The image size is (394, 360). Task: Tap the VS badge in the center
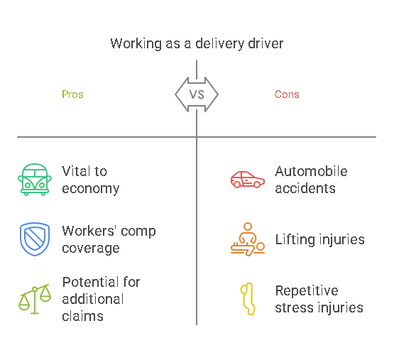[197, 94]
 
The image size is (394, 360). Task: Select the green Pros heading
[72, 94]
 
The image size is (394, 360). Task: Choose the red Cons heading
[287, 94]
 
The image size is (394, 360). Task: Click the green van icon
[34, 180]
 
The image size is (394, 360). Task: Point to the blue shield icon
[34, 239]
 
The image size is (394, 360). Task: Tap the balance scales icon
[34, 298]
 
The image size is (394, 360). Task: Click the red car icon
[248, 180]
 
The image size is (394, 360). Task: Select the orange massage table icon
[248, 239]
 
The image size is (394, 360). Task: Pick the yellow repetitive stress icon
[247, 299]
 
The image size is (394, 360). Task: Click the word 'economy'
[91, 189]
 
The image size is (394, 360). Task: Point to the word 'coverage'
[90, 249]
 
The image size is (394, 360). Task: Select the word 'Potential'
[91, 282]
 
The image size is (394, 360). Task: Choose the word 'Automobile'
[311, 172]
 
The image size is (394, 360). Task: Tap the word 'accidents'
[306, 189]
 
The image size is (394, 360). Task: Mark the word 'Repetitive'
[307, 291]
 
